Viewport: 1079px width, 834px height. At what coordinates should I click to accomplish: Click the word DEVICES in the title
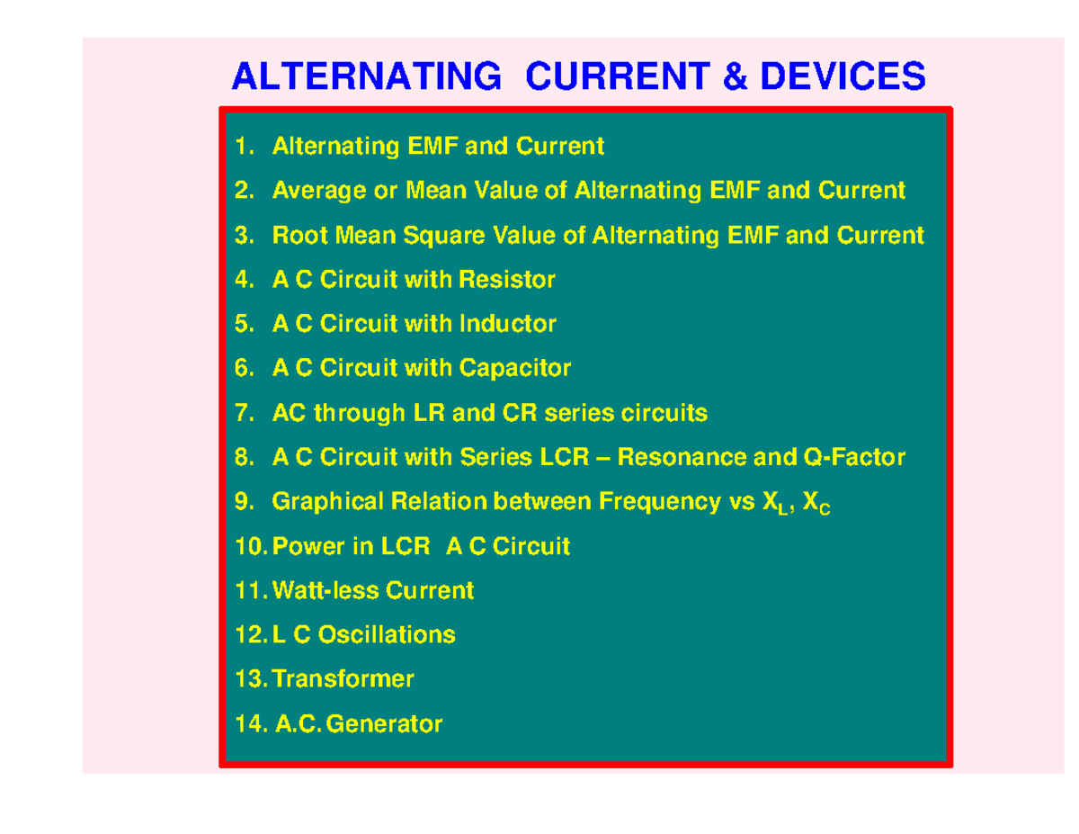(843, 76)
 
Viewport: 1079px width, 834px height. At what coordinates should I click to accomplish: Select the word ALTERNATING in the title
(367, 76)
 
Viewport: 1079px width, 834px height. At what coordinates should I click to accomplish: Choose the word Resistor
(507, 280)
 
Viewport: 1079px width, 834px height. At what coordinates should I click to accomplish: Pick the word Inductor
(508, 324)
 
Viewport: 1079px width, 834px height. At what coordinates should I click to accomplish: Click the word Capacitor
(515, 368)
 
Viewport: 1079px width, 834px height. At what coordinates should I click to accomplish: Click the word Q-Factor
(852, 458)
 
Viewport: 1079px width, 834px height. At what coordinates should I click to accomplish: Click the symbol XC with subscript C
(816, 505)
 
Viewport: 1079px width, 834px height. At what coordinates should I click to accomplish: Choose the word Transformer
(343, 679)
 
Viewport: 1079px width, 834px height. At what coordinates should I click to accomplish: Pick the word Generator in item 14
(384, 723)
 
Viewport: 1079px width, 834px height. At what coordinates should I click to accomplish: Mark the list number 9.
(245, 502)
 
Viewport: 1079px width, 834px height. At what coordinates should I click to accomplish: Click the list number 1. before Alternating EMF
(245, 147)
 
